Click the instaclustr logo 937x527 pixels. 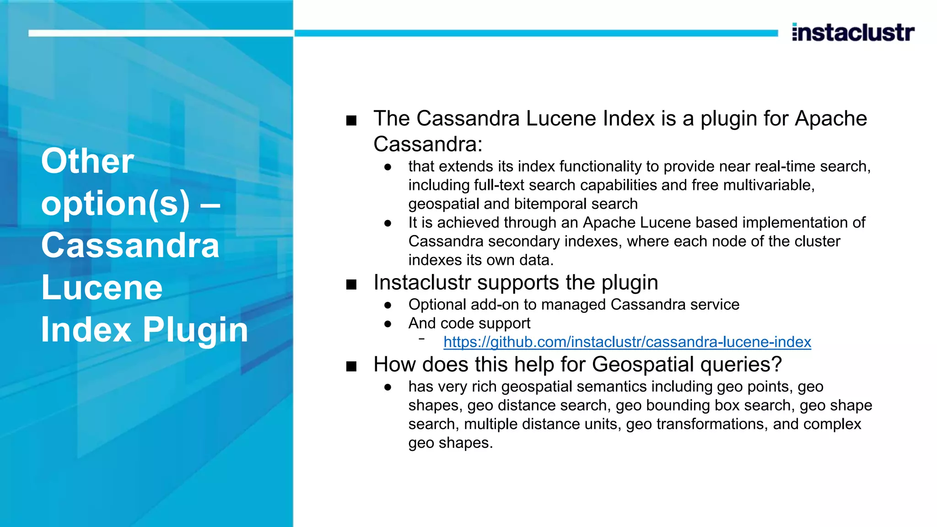(853, 32)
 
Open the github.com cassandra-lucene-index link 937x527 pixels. (627, 342)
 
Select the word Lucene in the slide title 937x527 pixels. (102, 287)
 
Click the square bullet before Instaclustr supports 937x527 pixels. (351, 285)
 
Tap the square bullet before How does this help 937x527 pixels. (351, 366)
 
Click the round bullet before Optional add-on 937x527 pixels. (388, 305)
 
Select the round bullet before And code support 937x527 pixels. (388, 324)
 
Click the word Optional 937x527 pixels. (437, 304)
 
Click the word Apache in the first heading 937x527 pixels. (831, 118)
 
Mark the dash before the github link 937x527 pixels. (421, 339)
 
